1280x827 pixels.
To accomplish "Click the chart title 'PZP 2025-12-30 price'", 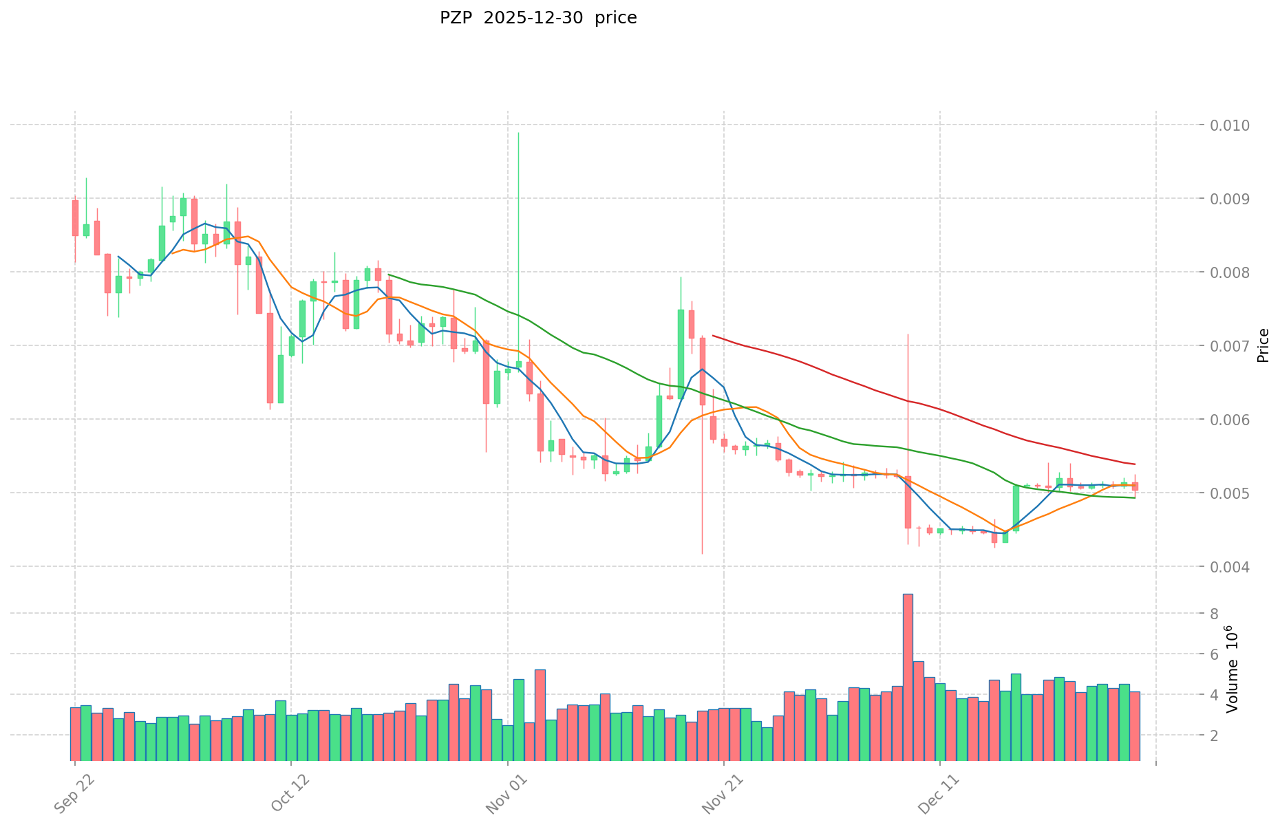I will (538, 18).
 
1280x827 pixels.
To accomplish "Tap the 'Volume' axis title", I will (1232, 678).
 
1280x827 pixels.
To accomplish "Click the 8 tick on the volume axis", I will (1216, 614).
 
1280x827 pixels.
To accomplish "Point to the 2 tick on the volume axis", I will (1216, 735).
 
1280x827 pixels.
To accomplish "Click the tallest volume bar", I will (908, 677).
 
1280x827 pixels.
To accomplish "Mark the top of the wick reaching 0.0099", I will (518, 133).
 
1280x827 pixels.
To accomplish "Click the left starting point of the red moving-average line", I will (713, 336).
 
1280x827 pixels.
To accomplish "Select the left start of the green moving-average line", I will (389, 275).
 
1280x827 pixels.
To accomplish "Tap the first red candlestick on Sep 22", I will (75, 217).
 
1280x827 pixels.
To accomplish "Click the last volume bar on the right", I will (1135, 726).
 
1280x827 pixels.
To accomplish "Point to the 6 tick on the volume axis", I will (1216, 654).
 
